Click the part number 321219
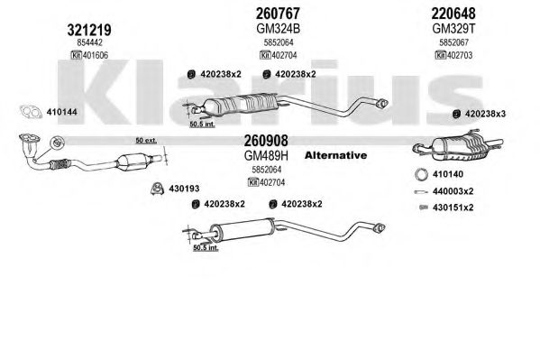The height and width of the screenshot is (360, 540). (89, 30)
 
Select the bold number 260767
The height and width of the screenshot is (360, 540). (278, 14)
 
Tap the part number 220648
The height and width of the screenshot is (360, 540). (453, 14)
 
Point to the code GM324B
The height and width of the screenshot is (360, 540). (278, 29)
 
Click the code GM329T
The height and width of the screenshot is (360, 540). (453, 29)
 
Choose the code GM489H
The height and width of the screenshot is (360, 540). (266, 156)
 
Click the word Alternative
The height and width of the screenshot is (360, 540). (335, 155)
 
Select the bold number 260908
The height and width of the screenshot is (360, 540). (266, 141)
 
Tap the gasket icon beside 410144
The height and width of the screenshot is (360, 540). (31, 112)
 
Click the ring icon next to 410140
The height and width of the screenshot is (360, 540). (421, 174)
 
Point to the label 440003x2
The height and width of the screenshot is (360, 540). (453, 191)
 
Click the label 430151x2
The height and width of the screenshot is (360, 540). (453, 208)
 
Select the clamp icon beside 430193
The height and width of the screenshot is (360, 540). (157, 189)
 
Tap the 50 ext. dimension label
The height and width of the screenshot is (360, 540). (146, 141)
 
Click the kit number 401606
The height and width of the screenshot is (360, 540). (95, 55)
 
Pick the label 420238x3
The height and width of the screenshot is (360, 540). (485, 114)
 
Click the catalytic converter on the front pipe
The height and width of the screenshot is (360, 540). (134, 162)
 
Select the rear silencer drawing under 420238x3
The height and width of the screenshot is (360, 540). (457, 146)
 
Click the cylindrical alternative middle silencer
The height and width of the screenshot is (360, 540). (243, 229)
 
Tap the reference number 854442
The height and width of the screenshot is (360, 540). (89, 42)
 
